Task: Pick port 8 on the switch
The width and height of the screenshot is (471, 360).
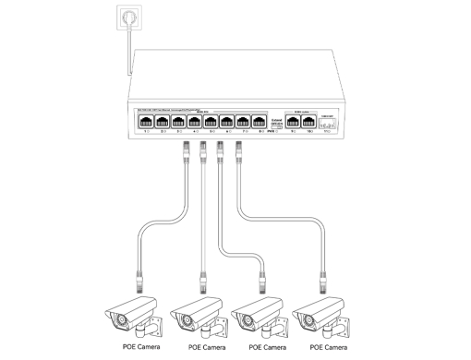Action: point(260,121)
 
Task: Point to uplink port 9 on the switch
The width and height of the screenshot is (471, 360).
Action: point(294,121)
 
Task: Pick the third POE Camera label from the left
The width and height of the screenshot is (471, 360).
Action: point(267,347)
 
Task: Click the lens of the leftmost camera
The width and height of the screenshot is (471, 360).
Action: point(122,321)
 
